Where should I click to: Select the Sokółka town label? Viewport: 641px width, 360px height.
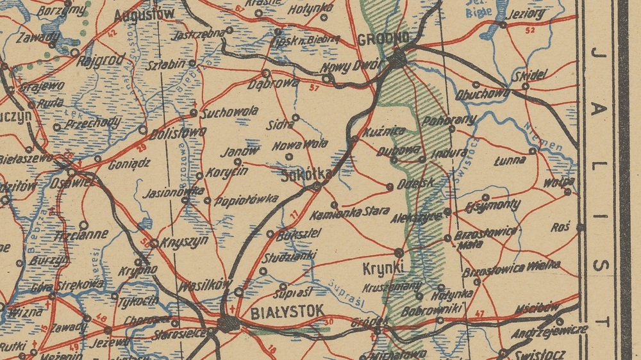307,174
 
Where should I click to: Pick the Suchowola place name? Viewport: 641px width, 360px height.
229,111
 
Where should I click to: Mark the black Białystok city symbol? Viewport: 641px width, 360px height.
227,323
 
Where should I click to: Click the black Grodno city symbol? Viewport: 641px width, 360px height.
397,59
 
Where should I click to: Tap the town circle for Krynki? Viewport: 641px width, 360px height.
399,252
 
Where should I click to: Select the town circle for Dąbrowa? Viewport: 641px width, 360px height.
266,73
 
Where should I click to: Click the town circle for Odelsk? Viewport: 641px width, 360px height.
390,186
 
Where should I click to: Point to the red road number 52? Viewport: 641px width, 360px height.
529,30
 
